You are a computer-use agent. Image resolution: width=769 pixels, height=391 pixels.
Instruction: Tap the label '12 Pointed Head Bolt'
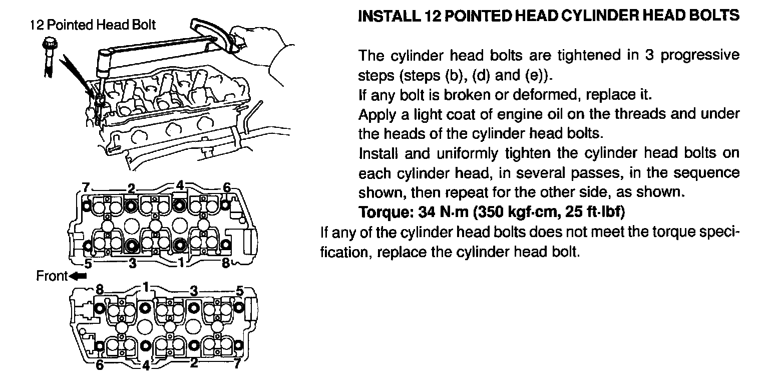tap(93, 25)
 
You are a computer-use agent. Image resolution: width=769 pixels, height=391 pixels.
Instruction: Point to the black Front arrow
tap(79, 276)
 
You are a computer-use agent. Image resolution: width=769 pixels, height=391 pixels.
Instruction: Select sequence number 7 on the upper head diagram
tap(86, 188)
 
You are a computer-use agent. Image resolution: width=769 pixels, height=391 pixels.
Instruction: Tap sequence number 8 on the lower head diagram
tap(100, 289)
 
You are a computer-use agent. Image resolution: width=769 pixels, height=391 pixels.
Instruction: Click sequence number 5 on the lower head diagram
tap(240, 290)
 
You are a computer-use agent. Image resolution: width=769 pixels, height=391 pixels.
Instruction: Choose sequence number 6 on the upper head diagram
tap(227, 188)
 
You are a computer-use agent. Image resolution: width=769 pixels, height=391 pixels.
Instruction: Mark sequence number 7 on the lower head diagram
tap(237, 364)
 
